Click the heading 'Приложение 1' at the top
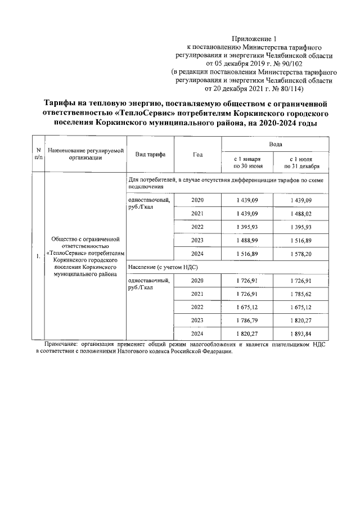pyautogui.click(x=255, y=39)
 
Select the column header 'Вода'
pyautogui.click(x=276, y=145)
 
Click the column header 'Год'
pyautogui.click(x=197, y=155)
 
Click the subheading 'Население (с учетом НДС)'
pyautogui.click(x=163, y=267)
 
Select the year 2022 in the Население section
pyautogui.click(x=197, y=307)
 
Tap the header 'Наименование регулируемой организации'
pyautogui.click(x=85, y=155)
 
